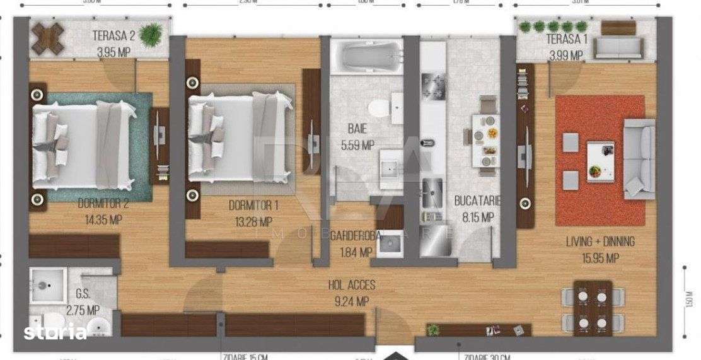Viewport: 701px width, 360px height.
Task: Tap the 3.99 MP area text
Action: [x=565, y=55]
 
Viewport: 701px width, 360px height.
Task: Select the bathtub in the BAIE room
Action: [x=366, y=57]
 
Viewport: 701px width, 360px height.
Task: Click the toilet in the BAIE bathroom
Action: [x=379, y=108]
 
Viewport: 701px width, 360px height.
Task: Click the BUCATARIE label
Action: [x=478, y=202]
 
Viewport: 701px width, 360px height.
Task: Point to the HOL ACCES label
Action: [x=352, y=286]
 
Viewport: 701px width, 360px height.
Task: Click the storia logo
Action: [x=55, y=332]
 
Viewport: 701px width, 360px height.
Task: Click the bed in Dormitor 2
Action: [x=84, y=146]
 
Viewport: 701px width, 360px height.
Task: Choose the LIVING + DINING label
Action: [x=600, y=241]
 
